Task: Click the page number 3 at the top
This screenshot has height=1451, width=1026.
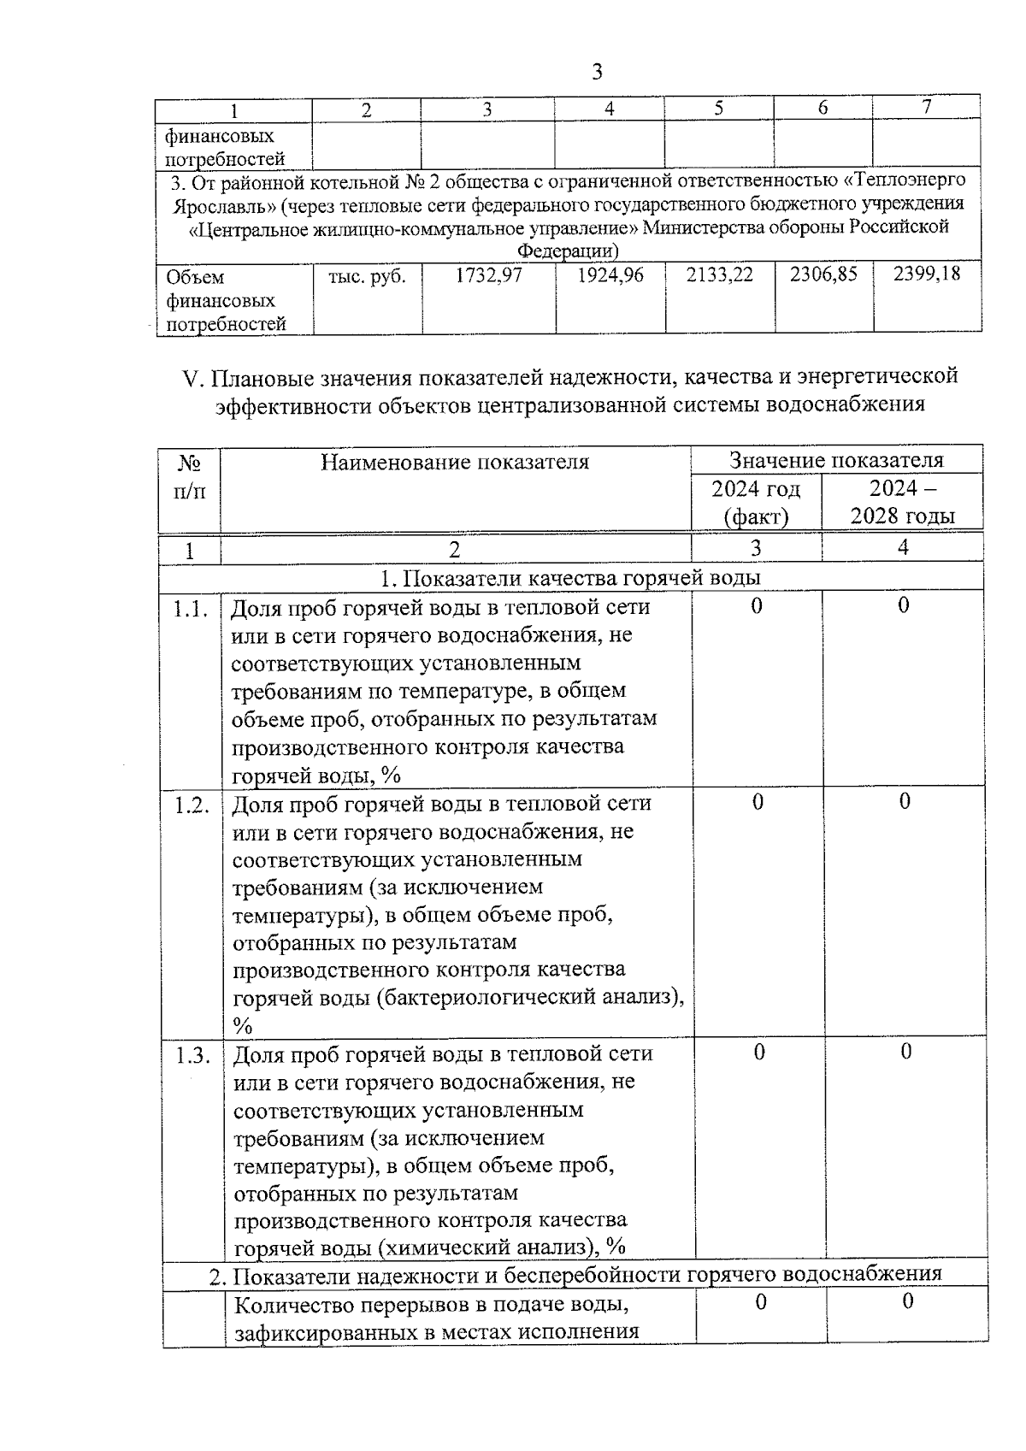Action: pos(597,72)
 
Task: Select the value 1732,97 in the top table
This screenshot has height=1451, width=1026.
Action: pos(488,276)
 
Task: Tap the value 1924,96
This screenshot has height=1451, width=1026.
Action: pos(610,276)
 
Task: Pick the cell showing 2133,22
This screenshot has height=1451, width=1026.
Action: pos(719,275)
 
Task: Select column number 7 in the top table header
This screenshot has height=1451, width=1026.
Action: pos(926,107)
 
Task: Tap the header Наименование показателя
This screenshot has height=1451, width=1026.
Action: pos(455,463)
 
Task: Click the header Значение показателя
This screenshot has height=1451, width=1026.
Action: pos(835,460)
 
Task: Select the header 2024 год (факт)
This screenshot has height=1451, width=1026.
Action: pos(756,502)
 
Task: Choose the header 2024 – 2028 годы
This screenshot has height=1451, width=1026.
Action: pos(902,502)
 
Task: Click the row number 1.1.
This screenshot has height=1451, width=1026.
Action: pos(191,609)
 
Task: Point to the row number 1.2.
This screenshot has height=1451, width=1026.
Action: pos(192,805)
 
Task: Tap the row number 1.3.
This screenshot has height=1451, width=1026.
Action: pos(192,1055)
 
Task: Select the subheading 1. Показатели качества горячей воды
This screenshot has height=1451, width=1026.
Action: pos(570,578)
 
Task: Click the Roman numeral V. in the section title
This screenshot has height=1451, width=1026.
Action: pos(193,377)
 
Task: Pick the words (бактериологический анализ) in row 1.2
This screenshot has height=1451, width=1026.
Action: pos(530,997)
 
